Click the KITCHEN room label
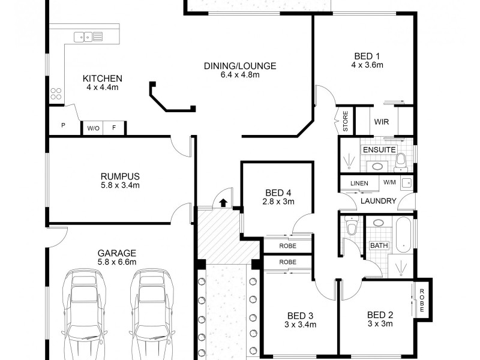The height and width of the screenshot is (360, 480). point(103,79)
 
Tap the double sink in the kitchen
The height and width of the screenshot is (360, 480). point(88,37)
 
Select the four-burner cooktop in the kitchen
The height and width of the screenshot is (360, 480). point(56,94)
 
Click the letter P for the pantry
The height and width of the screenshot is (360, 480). point(63,126)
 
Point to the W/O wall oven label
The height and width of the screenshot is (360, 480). point(92,128)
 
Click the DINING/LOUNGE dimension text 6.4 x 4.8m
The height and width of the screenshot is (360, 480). point(239,75)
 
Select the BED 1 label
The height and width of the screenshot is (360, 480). point(367,56)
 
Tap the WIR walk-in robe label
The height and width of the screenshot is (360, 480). point(382,122)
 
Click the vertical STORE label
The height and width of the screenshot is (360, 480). point(346,121)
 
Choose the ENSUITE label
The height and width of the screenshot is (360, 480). point(379,149)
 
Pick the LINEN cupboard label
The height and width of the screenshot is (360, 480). point(359,182)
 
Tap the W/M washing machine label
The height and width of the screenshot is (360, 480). point(389,182)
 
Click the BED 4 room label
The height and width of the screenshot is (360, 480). point(278,193)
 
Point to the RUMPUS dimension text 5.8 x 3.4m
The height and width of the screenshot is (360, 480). point(120,185)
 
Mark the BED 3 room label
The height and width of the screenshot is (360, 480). point(300,316)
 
